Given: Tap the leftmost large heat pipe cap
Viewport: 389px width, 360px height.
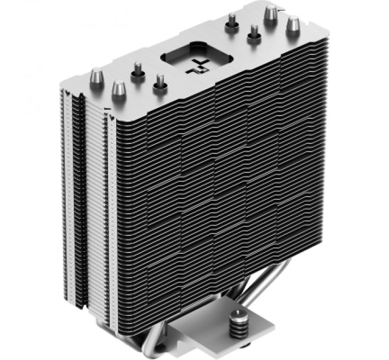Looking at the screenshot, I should (97, 75).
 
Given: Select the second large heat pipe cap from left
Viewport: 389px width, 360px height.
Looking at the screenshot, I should (119, 89).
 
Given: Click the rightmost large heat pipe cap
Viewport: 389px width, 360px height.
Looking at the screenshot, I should (293, 25).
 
